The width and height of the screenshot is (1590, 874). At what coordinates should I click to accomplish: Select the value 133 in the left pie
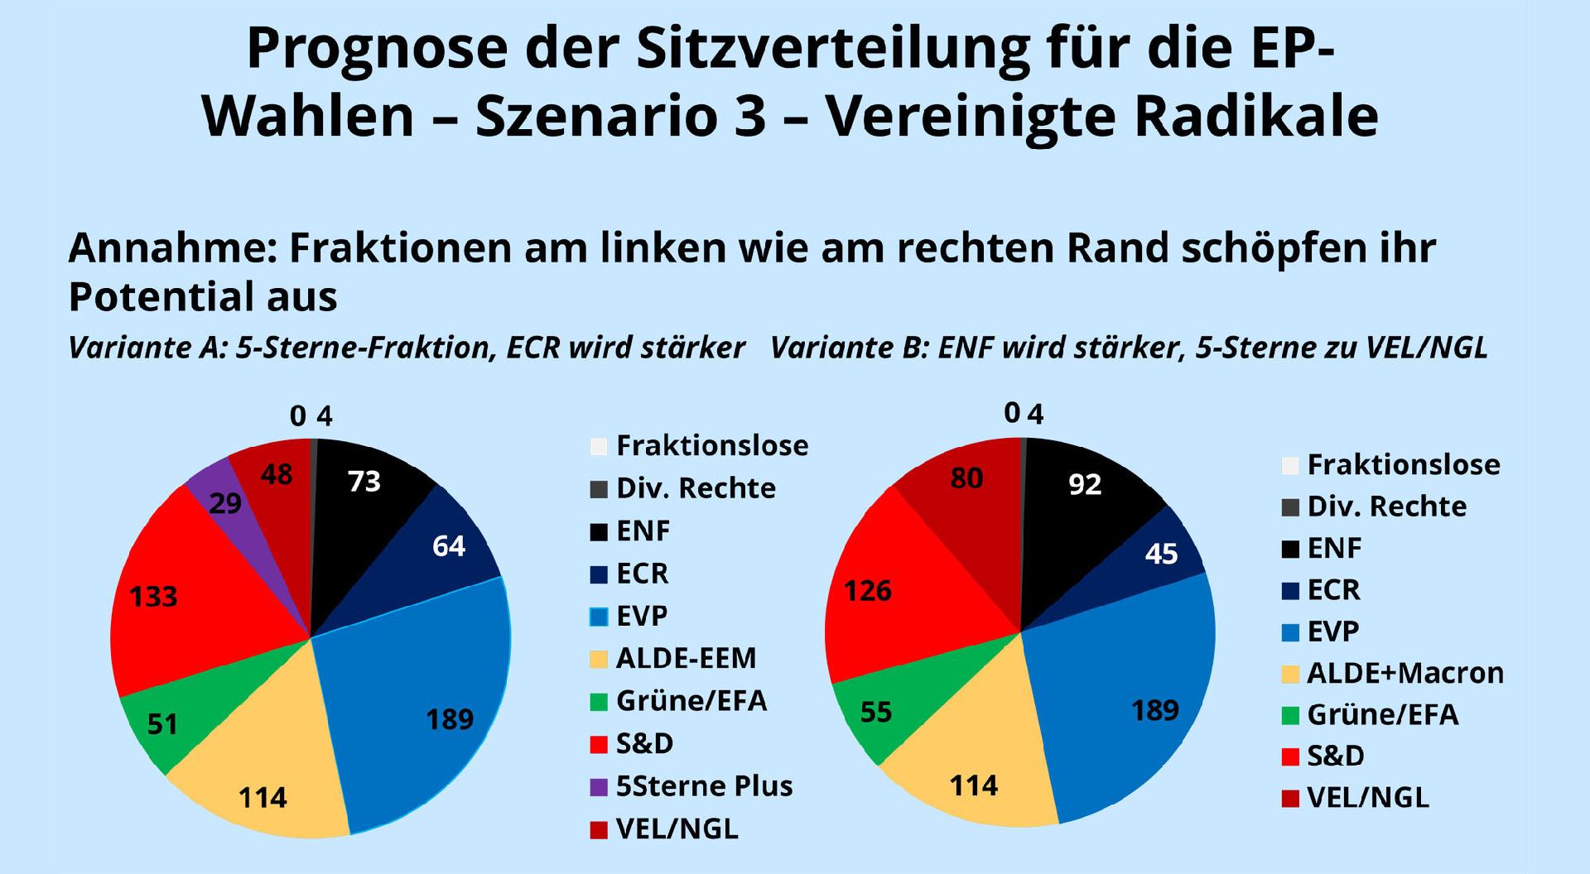tap(153, 597)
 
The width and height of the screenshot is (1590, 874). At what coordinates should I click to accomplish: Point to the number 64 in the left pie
tap(449, 546)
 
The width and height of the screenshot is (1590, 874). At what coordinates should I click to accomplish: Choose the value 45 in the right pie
tap(1161, 554)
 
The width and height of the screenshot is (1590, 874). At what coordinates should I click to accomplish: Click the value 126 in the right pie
tap(868, 591)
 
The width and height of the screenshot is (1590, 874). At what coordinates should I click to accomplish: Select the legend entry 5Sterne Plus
tap(704, 785)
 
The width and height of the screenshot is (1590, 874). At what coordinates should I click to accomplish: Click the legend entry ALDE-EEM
tap(686, 658)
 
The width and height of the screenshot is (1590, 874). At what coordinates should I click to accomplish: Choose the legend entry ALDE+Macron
tap(1404, 673)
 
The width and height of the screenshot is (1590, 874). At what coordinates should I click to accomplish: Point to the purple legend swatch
tap(599, 786)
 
